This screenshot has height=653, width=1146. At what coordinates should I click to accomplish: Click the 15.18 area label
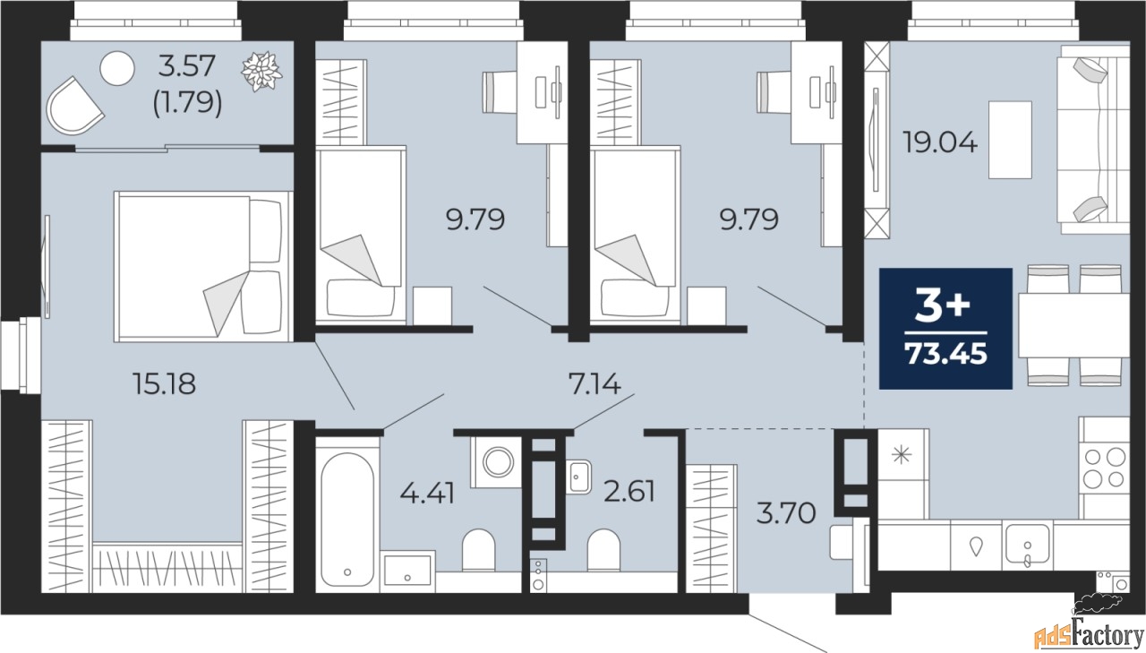click(x=163, y=384)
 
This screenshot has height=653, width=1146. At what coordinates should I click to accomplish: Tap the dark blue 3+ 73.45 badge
click(x=945, y=329)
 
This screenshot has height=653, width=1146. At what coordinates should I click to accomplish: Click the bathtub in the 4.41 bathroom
click(x=346, y=510)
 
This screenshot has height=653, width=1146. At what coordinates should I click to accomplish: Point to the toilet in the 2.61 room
click(x=603, y=550)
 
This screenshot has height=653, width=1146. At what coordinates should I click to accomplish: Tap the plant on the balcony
click(x=262, y=72)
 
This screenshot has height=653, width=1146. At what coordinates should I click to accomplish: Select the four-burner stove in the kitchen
click(x=1104, y=468)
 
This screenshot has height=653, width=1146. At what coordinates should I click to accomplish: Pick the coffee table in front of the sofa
click(x=1010, y=140)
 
